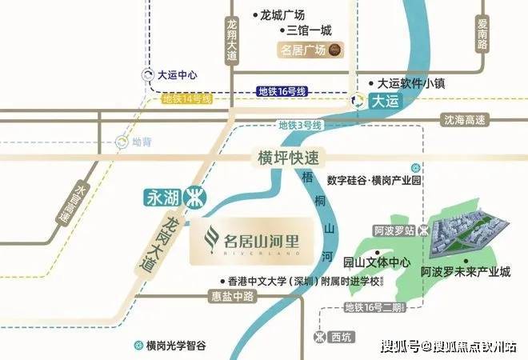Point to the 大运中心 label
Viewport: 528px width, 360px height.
click(x=177, y=75)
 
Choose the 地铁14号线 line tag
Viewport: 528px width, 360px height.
click(x=186, y=99)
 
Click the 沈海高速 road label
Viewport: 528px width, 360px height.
click(x=464, y=119)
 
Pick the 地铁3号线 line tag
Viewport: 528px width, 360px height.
click(x=300, y=125)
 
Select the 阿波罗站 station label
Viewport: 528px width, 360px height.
click(x=394, y=230)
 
